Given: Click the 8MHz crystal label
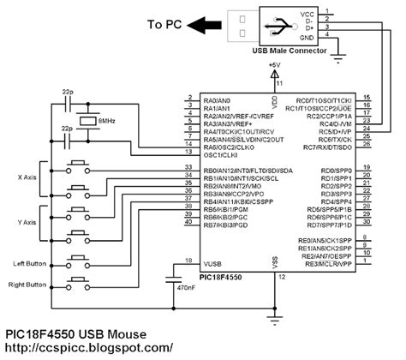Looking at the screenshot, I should pos(106,123).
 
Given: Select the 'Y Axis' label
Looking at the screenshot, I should pos(27,222).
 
